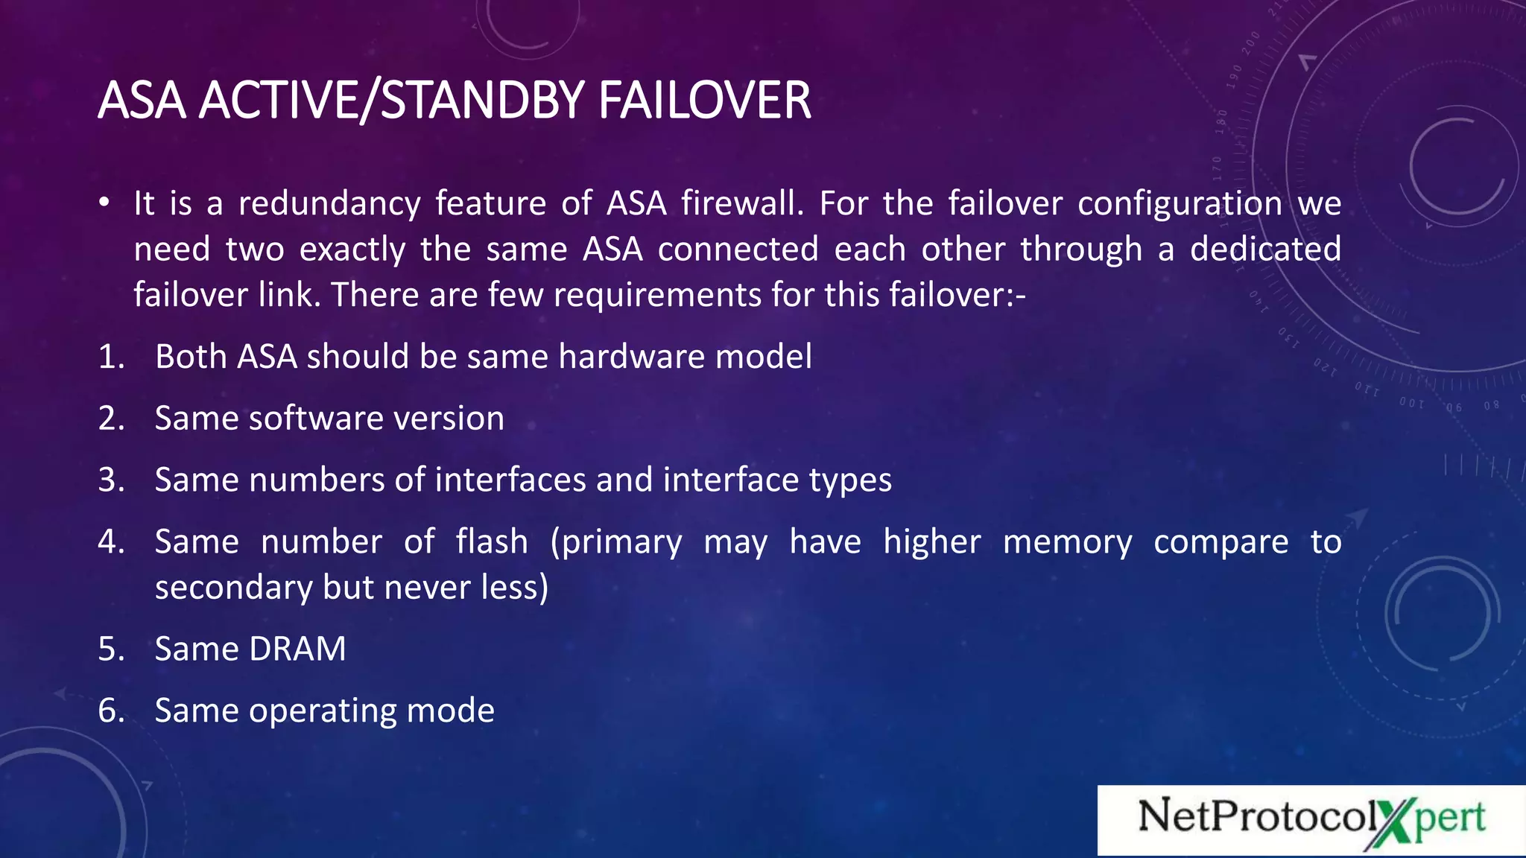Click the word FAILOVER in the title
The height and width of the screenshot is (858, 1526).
click(704, 101)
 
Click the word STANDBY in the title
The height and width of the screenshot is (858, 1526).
click(482, 101)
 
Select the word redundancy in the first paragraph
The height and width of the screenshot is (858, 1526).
click(329, 204)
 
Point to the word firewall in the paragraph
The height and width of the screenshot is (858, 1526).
click(742, 203)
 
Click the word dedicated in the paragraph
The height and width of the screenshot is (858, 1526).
click(1265, 249)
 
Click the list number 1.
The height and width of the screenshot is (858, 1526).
click(110, 357)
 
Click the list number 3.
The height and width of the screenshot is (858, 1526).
click(110, 480)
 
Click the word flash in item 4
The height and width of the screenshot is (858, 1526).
click(492, 541)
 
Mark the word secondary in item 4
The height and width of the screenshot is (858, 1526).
click(233, 588)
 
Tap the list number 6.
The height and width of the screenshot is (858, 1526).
click(110, 711)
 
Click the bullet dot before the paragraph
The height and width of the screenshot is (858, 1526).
click(105, 203)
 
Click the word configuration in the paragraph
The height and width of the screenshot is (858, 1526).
click(1180, 204)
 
